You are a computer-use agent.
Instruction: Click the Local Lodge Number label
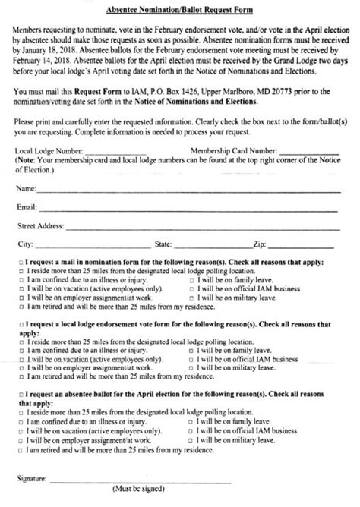46,150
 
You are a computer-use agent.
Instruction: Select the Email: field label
26,206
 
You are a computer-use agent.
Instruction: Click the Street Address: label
41,225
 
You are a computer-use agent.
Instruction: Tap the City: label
24,244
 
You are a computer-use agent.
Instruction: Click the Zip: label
258,244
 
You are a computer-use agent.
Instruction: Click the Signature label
30,480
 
